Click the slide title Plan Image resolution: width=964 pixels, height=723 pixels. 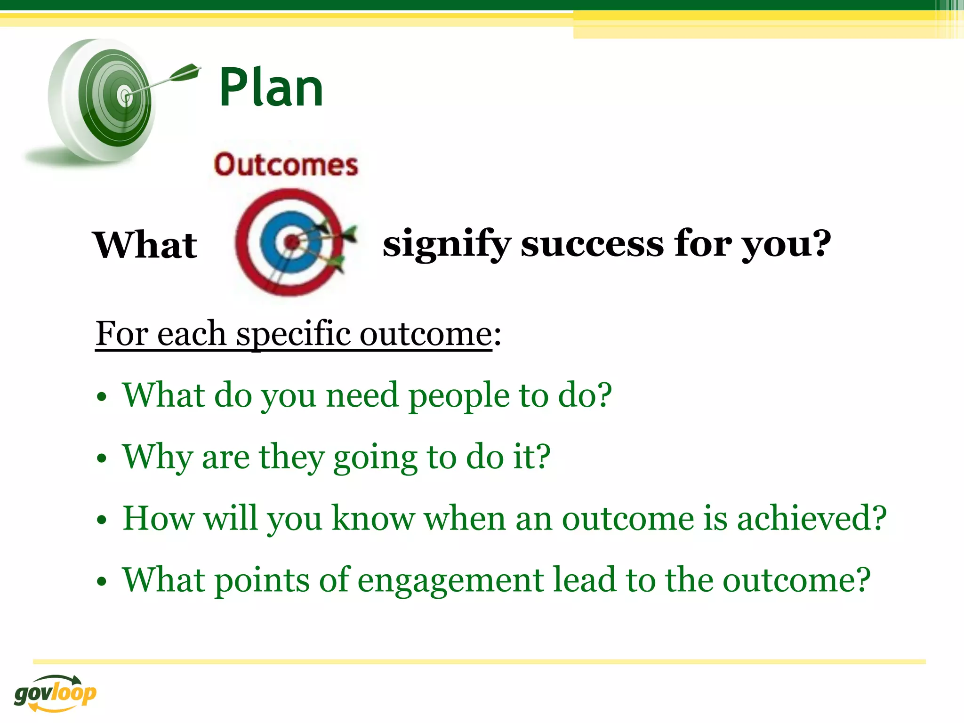(x=271, y=88)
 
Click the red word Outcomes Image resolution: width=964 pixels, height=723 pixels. (x=286, y=165)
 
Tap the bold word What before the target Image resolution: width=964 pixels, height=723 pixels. (x=145, y=245)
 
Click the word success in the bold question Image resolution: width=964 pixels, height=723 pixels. (x=592, y=244)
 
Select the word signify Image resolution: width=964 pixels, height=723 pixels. (x=446, y=244)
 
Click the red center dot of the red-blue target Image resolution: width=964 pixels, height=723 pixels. (x=291, y=242)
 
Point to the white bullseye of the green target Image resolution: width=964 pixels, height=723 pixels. (x=125, y=96)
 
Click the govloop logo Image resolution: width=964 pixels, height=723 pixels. (x=55, y=693)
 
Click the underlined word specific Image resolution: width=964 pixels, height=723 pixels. (x=293, y=334)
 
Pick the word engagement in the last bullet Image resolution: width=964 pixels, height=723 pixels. (x=450, y=580)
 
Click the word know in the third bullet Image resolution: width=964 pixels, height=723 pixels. (x=373, y=518)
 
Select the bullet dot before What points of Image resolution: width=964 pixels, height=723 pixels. (x=102, y=582)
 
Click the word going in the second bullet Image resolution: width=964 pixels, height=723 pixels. (x=375, y=458)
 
